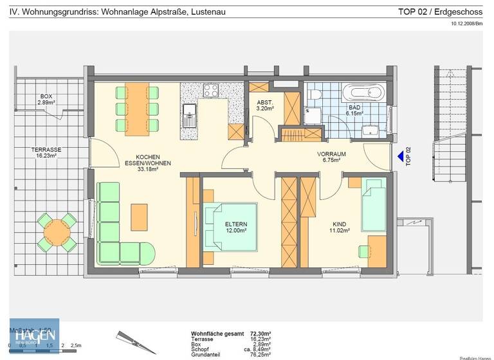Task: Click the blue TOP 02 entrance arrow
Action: (401, 156)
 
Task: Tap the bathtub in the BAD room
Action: (363, 93)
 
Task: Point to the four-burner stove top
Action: (211, 91)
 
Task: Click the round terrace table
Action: (57, 233)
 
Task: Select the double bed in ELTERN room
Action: (230, 226)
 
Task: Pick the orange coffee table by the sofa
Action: (140, 217)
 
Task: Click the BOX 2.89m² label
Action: (46, 100)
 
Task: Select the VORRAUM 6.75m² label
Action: (332, 157)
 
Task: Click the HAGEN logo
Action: (34, 335)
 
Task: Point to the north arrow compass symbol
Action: (136, 342)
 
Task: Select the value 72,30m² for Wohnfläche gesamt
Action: (260, 334)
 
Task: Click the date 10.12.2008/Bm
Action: (466, 24)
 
